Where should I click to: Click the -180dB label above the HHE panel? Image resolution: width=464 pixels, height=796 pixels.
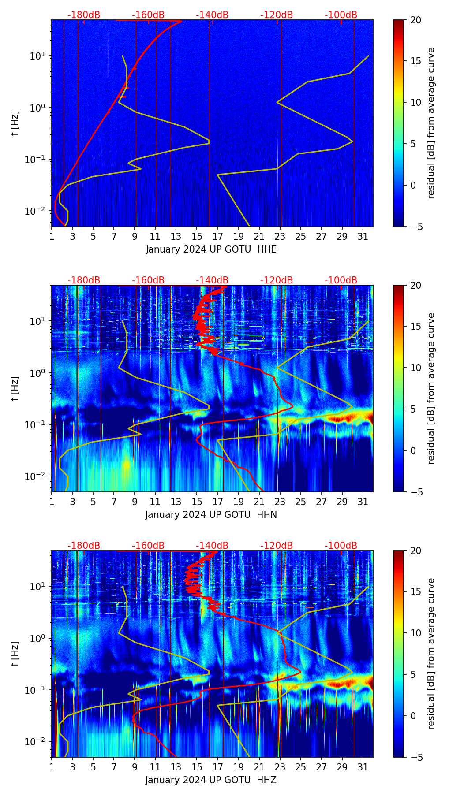[84, 15]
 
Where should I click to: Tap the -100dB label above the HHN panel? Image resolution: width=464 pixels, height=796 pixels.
[341, 280]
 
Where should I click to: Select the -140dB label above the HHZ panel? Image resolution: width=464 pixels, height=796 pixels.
[212, 546]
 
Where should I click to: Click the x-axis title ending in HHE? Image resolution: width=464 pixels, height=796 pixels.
[211, 249]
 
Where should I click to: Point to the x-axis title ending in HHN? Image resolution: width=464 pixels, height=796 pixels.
[211, 515]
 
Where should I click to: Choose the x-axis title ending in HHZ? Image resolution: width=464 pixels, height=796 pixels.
[211, 780]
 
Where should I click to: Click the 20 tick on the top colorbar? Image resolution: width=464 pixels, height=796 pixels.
[415, 20]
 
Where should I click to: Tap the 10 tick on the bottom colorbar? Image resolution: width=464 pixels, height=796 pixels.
[415, 633]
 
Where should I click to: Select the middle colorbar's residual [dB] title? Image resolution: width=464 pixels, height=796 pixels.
[431, 388]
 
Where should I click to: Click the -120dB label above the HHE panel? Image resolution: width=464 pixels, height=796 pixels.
[277, 15]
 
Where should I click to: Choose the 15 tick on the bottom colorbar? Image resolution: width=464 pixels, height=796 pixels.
[415, 591]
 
